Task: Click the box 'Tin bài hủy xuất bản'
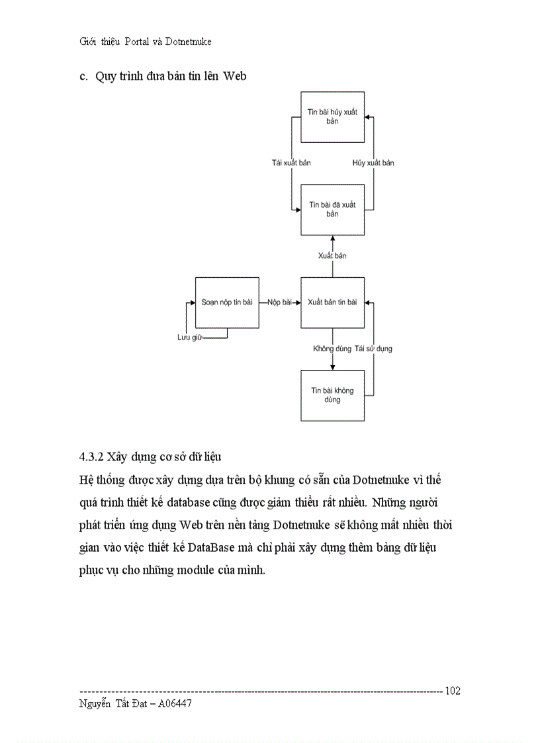click(332, 117)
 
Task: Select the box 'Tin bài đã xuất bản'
click(332, 210)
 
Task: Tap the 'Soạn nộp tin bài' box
click(227, 302)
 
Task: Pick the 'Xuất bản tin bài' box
click(332, 302)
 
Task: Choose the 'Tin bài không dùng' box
click(332, 395)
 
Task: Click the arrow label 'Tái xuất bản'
click(291, 163)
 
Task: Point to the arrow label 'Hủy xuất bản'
click(373, 163)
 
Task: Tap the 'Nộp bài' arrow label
click(280, 302)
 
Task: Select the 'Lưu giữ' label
click(189, 338)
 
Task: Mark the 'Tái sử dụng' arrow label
click(373, 348)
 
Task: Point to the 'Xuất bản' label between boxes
click(332, 255)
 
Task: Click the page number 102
click(453, 691)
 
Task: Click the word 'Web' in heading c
click(234, 76)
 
